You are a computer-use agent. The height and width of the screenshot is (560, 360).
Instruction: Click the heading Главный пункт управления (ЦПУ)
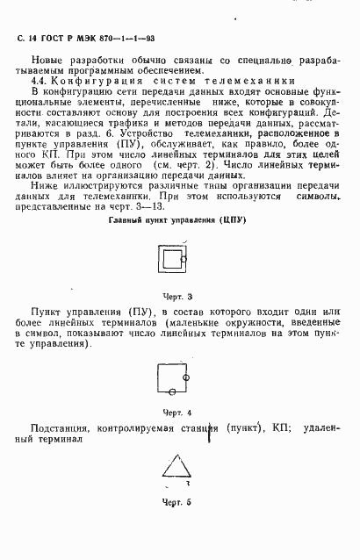[x=176, y=219]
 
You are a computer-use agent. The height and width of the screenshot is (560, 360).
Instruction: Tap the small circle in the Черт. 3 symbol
[x=182, y=260]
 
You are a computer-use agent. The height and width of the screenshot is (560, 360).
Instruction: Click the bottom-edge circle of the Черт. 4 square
[x=174, y=392]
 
